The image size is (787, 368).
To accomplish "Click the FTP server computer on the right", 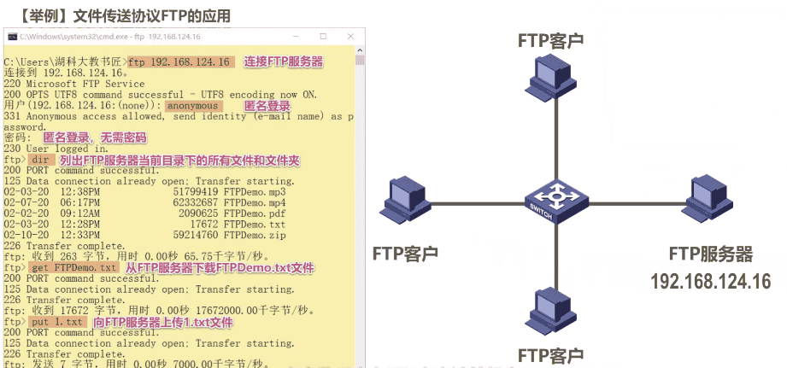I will click(709, 202).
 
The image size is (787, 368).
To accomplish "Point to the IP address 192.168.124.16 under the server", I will click(710, 282).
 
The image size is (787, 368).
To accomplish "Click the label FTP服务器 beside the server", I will click(710, 254).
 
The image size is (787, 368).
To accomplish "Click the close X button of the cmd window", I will click(348, 38).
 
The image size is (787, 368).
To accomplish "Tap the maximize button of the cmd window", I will click(323, 38).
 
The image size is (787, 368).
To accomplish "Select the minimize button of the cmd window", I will click(299, 38).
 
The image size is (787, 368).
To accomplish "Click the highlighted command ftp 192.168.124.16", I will click(180, 62).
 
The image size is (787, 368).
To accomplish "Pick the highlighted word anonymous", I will click(193, 106).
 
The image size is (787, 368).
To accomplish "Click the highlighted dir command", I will click(42, 160).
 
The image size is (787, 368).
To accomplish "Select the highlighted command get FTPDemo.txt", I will click(73, 268).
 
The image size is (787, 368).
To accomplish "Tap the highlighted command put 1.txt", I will click(58, 323).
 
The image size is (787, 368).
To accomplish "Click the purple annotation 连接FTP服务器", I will click(283, 61).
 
